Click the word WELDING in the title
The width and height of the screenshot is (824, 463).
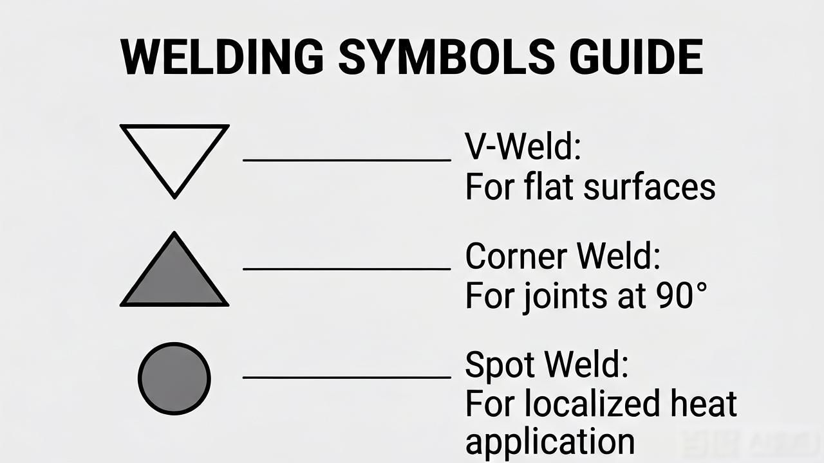tap(222, 57)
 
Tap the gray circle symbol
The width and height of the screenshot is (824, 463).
tap(174, 379)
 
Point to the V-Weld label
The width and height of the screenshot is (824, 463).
tap(523, 147)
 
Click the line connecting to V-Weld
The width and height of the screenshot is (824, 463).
tap(347, 160)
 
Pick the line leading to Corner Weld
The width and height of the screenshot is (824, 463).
tap(347, 269)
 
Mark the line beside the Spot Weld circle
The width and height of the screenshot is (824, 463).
tap(347, 377)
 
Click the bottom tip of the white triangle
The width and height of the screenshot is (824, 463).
tap(174, 199)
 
